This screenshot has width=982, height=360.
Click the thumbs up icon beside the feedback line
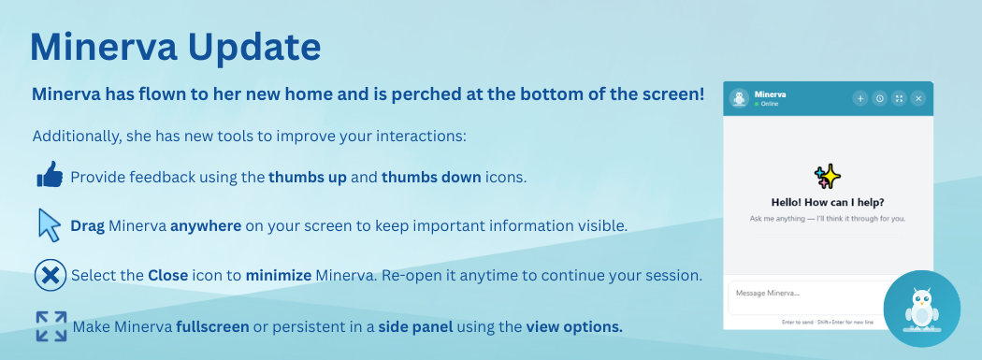pos(51,174)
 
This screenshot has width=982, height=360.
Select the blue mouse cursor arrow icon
pos(50,224)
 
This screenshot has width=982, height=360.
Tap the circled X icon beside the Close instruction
pos(51,275)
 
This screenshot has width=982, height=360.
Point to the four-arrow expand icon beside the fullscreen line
pos(51,326)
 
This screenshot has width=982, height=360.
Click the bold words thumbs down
pos(431,177)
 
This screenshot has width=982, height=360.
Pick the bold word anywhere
pos(206,226)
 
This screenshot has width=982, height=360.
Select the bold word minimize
pos(279,276)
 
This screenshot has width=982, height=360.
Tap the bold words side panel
pos(415,327)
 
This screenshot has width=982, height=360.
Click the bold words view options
pos(574,327)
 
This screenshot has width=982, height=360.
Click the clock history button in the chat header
pos(880,98)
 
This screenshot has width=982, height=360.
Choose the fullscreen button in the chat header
pos(899,98)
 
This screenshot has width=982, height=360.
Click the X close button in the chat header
pos(918,98)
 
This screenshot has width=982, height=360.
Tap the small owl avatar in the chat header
pos(741,98)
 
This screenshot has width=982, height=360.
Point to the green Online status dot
pos(757,104)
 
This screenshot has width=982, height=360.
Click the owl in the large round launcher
pos(921,309)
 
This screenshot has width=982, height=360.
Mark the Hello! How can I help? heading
pos(828,203)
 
